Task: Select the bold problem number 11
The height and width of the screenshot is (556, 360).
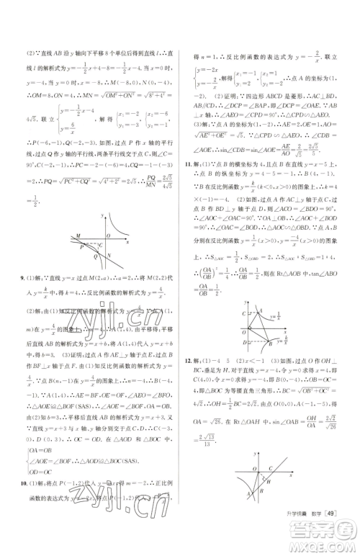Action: [x=189, y=164]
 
